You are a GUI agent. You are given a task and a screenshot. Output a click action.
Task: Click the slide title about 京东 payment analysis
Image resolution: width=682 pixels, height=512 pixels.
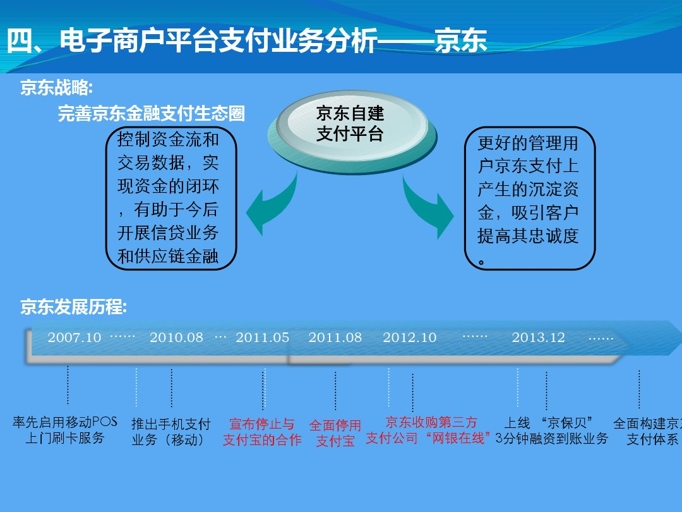(x=247, y=41)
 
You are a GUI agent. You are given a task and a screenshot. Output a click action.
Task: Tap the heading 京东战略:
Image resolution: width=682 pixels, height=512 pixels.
(x=57, y=87)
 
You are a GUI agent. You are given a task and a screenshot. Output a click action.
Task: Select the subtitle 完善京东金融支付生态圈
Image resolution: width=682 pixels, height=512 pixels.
(x=152, y=113)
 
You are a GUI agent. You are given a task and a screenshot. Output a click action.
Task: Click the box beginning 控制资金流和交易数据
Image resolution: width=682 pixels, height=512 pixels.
(x=171, y=198)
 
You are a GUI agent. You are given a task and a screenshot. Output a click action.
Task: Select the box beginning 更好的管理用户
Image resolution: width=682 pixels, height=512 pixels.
(x=529, y=198)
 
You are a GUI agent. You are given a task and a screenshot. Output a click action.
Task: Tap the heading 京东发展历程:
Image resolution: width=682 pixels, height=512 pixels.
(x=73, y=307)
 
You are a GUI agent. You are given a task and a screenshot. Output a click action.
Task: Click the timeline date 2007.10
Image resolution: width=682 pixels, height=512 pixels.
(x=75, y=338)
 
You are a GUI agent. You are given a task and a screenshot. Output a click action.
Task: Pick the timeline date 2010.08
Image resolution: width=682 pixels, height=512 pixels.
(x=176, y=338)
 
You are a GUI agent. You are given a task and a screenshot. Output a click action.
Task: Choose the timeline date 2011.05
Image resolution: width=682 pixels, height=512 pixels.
(x=262, y=338)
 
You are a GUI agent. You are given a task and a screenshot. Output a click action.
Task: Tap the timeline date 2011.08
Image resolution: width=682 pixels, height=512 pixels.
(x=335, y=338)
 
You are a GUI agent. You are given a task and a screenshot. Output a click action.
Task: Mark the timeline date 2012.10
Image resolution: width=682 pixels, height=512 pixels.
(x=409, y=338)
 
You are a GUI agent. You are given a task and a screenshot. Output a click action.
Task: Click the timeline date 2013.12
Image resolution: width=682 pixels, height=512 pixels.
(x=538, y=338)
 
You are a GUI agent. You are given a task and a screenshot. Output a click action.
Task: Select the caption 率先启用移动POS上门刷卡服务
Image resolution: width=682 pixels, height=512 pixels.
(x=65, y=430)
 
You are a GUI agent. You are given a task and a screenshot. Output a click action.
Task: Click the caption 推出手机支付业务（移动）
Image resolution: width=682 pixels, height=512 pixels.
(x=171, y=432)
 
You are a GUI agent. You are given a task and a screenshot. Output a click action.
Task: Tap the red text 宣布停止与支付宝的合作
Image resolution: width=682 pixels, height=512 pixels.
(x=262, y=432)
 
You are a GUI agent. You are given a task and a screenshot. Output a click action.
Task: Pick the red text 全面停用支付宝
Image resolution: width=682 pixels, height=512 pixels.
(x=335, y=433)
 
